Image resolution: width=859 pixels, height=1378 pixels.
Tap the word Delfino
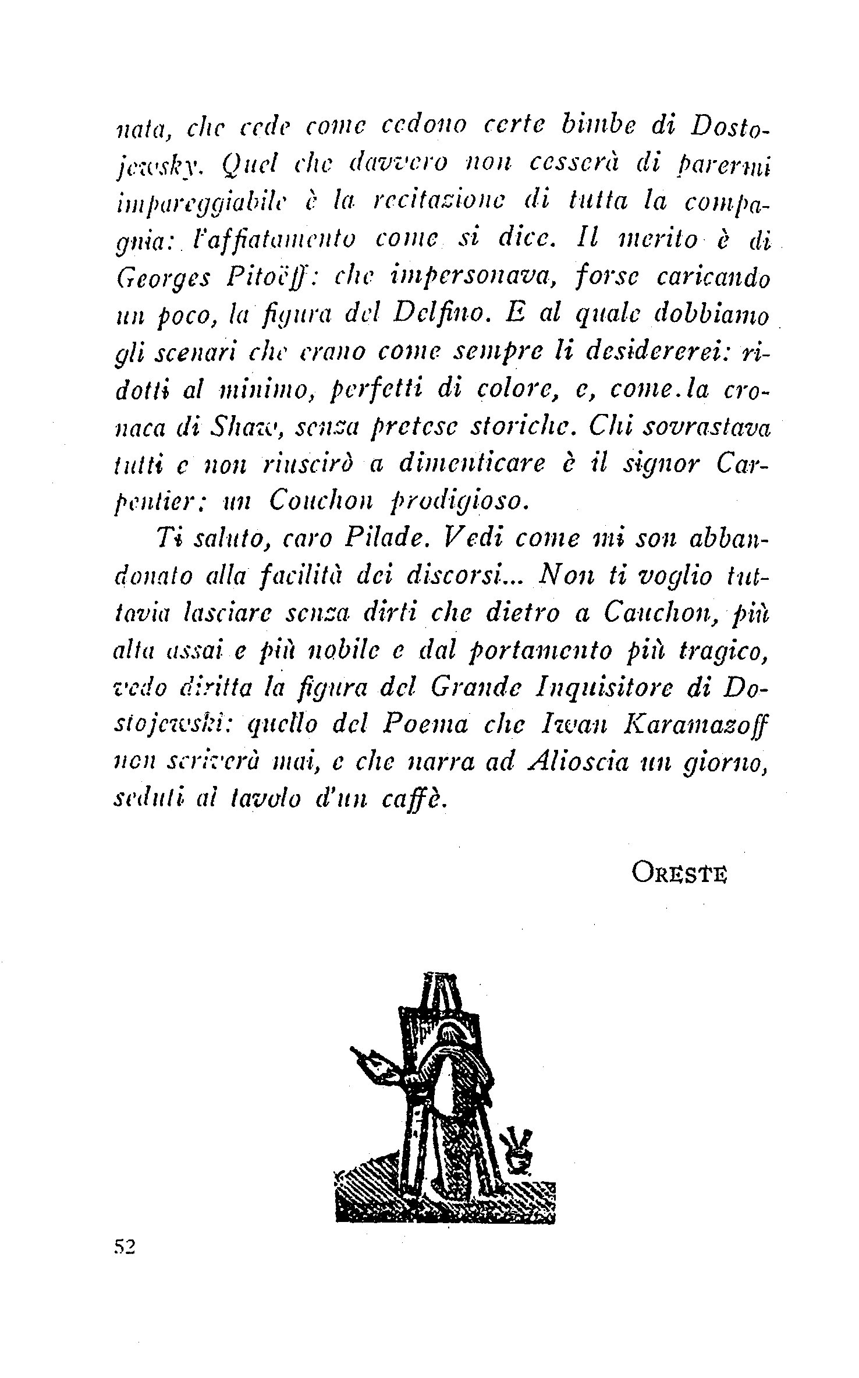(x=441, y=316)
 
